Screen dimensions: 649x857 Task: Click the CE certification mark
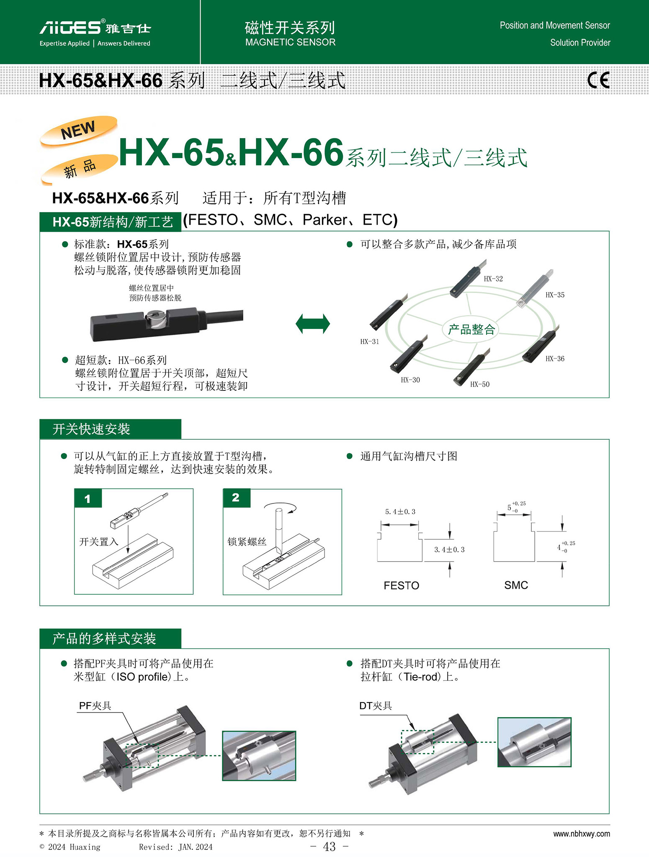[598, 80]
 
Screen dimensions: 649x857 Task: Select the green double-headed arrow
[313, 324]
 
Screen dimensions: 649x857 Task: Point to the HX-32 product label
[493, 279]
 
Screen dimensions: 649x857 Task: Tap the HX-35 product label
[555, 295]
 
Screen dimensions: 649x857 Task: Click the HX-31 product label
[370, 341]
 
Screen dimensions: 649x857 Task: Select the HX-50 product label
[480, 384]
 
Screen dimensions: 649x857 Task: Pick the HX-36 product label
[555, 359]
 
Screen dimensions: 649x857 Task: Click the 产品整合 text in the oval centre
[471, 330]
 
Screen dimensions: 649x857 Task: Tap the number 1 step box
[88, 498]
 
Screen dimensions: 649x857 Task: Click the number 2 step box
[237, 498]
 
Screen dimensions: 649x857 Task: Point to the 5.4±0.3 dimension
[400, 512]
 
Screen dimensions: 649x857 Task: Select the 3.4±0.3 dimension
[449, 549]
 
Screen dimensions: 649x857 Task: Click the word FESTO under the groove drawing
[401, 585]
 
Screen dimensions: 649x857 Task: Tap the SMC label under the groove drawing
[516, 585]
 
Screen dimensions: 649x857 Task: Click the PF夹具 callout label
[95, 706]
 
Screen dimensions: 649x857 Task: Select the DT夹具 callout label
[376, 706]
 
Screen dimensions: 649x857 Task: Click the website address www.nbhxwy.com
[582, 834]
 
